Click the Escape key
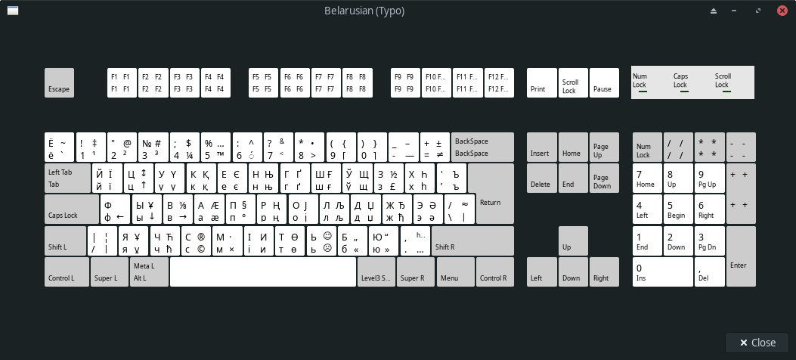(x=59, y=82)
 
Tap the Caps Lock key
(x=71, y=209)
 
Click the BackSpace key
(x=482, y=147)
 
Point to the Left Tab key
(x=67, y=178)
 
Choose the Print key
(x=541, y=82)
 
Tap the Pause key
(x=604, y=82)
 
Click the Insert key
(x=541, y=147)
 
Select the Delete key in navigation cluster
(x=541, y=178)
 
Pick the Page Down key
(x=604, y=178)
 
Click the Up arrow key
(x=572, y=241)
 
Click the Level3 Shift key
(x=376, y=272)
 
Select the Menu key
(x=455, y=272)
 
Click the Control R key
(x=495, y=272)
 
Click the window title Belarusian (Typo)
(x=364, y=11)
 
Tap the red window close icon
(x=782, y=11)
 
